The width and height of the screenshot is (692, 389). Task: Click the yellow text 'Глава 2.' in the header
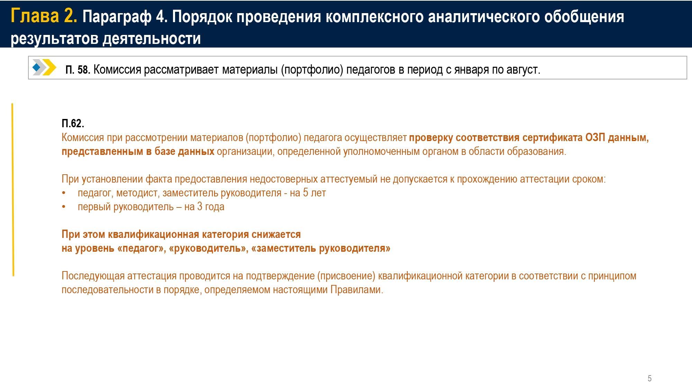click(44, 16)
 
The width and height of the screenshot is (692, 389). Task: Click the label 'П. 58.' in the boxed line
click(78, 70)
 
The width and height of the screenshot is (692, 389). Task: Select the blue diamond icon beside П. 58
click(36, 67)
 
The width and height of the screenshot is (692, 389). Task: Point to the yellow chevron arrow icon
click(49, 67)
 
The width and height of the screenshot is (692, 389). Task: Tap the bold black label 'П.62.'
click(73, 123)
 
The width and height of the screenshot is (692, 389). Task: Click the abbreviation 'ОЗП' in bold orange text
click(595, 138)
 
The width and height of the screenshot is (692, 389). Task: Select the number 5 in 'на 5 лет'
click(306, 193)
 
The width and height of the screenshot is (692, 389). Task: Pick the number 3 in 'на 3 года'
click(200, 206)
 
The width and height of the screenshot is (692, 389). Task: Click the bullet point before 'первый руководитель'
click(64, 207)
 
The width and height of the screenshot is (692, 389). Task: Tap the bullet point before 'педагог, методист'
click(64, 193)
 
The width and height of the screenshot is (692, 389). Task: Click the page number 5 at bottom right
click(649, 378)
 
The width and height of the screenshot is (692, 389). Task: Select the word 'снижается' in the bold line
click(276, 234)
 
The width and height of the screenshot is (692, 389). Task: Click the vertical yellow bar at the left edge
click(13, 189)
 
